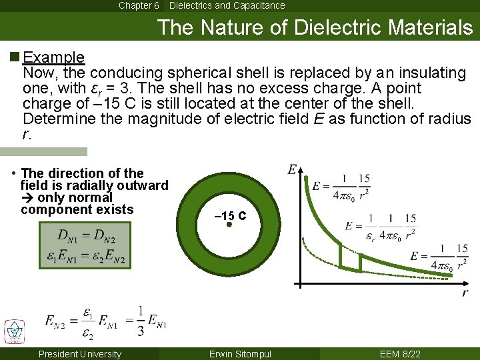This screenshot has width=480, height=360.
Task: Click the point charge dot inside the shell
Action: tap(229, 225)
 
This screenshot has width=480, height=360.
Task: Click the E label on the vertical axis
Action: tap(292, 170)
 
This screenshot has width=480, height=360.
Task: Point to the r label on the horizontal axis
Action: tap(465, 293)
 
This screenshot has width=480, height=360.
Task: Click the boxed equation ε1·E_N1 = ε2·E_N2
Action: tap(85, 255)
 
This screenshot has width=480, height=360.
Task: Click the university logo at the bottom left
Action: tap(14, 331)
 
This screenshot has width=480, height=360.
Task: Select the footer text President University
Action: tap(80, 354)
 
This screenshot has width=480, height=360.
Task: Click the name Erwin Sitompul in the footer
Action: tap(240, 354)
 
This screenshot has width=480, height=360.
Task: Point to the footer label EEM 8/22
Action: tap(399, 354)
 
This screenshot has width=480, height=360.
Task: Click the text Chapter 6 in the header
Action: tap(139, 5)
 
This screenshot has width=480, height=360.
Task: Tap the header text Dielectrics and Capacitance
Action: tap(227, 5)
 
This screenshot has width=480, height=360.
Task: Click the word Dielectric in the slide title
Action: tap(341, 28)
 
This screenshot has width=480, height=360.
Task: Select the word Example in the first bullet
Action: tap(53, 57)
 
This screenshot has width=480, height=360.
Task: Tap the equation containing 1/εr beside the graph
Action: tap(382, 227)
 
